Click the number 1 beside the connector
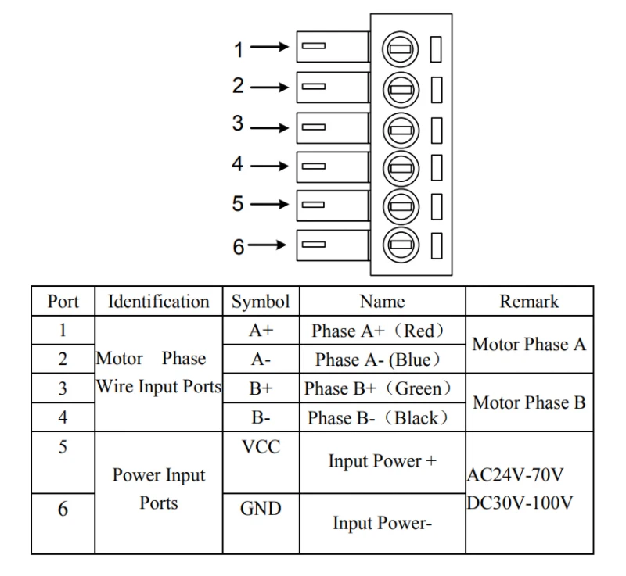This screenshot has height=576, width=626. [239, 50]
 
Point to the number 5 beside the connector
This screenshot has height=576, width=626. [239, 204]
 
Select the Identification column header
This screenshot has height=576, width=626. [159, 302]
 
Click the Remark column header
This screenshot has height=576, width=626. [529, 302]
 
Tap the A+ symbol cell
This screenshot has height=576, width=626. [261, 331]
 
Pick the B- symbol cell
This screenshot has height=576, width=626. [261, 418]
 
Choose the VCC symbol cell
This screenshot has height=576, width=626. [261, 447]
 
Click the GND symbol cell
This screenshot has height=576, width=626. [261, 510]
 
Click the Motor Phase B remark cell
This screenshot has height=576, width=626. [529, 403]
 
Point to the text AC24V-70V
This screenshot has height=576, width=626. [516, 474]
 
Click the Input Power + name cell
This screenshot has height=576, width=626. [382, 461]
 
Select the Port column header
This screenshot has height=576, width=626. [63, 302]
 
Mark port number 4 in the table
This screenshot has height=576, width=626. [63, 417]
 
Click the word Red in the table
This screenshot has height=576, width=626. [423, 331]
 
